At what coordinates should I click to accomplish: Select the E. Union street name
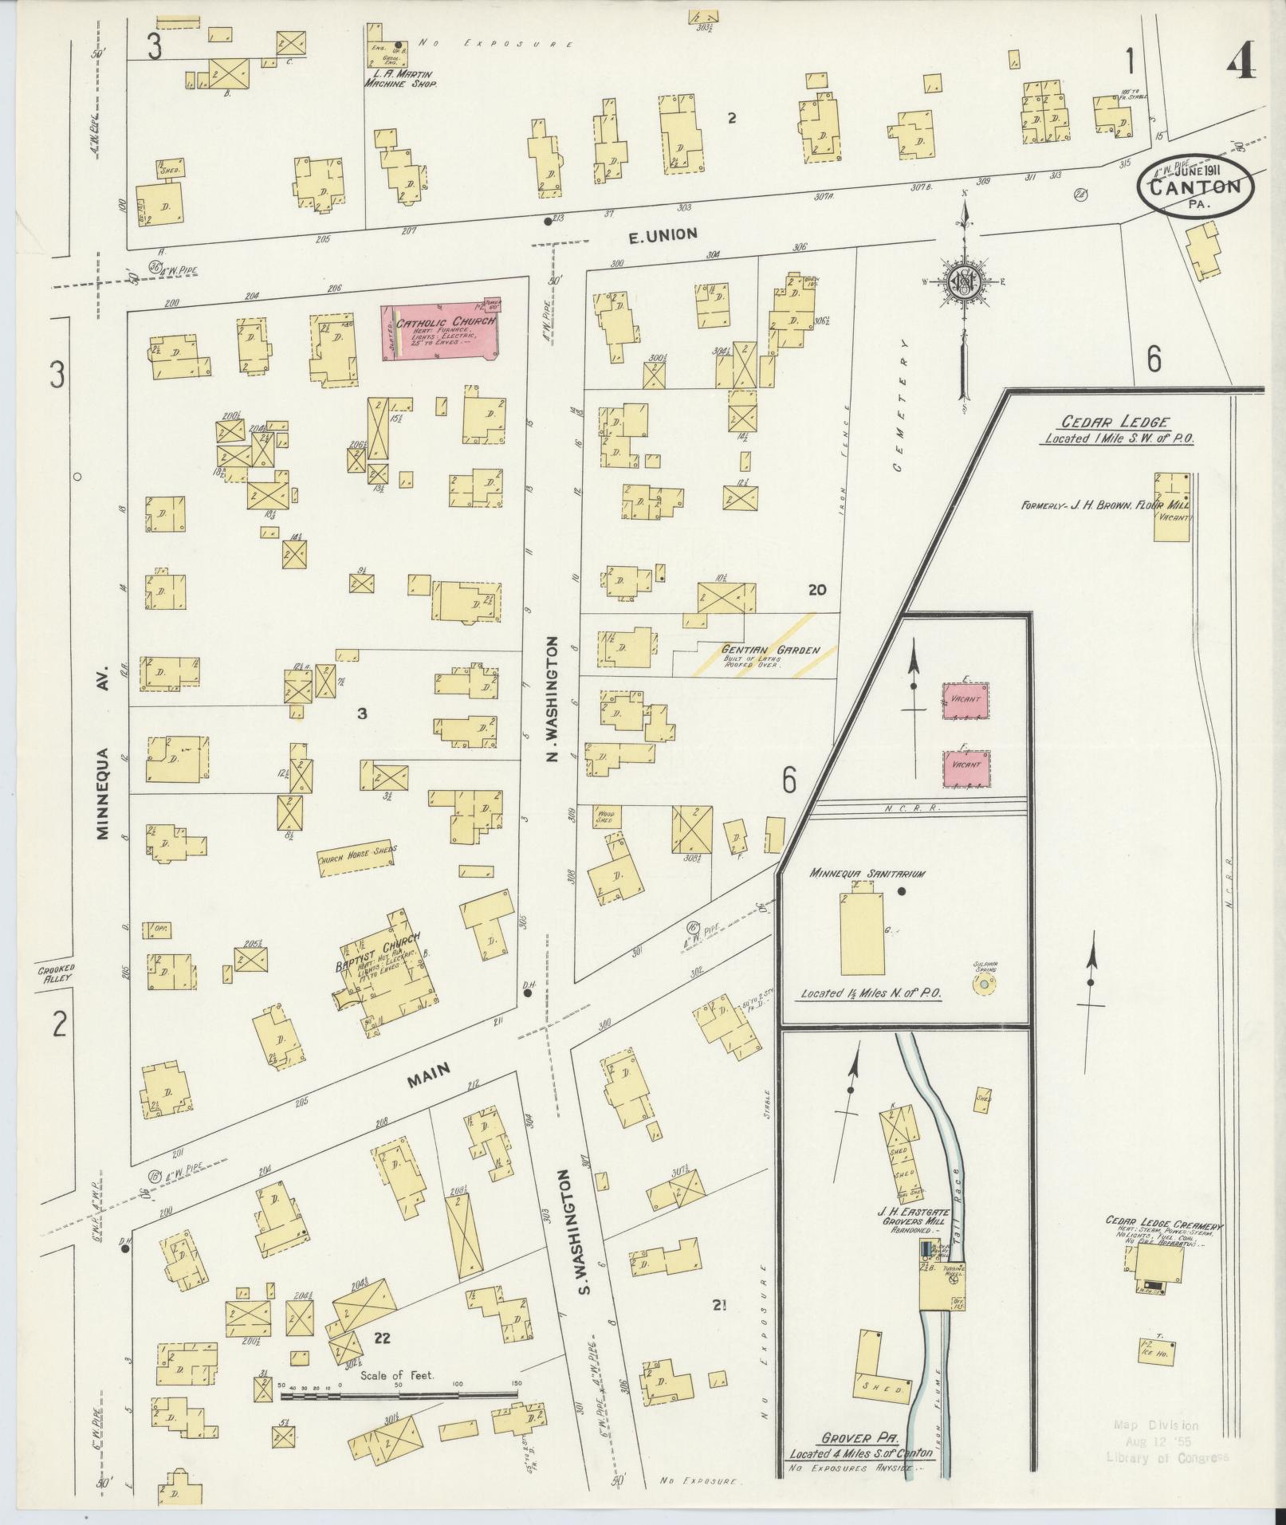click(663, 234)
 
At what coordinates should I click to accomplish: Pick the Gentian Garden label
click(770, 650)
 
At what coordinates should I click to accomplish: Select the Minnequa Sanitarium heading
click(867, 874)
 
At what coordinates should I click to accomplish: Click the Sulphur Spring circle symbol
click(984, 985)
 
